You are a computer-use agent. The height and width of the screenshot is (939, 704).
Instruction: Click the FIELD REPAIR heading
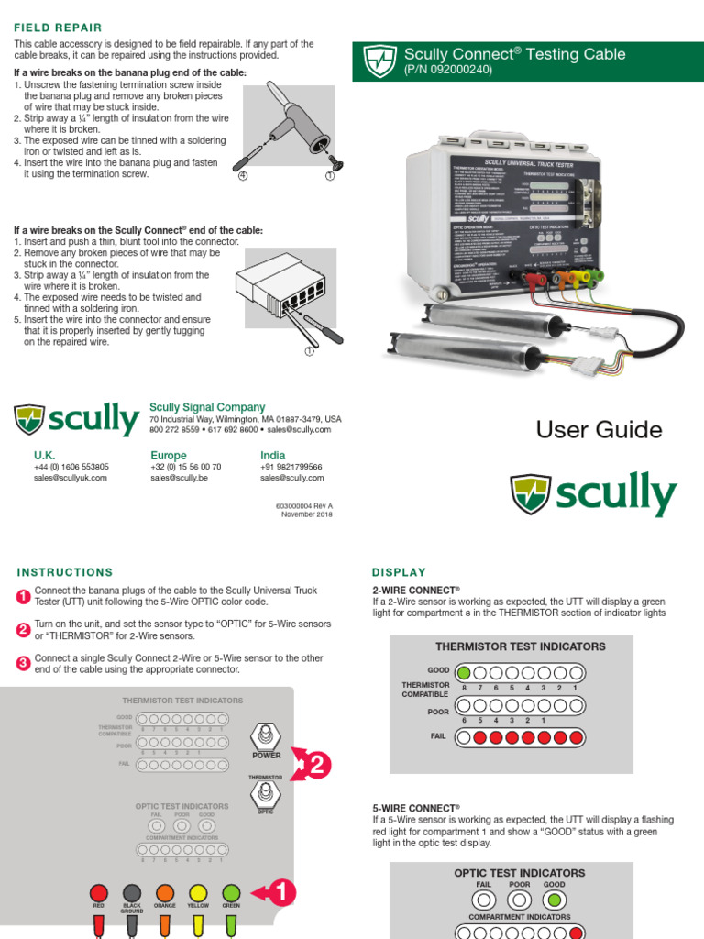(x=58, y=28)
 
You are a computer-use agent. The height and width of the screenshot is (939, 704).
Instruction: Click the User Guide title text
(x=599, y=429)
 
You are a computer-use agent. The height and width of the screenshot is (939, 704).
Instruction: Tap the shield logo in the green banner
(x=379, y=61)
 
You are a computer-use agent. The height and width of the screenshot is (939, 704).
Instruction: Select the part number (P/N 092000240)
(x=448, y=70)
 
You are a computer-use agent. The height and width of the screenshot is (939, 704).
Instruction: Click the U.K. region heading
(x=45, y=455)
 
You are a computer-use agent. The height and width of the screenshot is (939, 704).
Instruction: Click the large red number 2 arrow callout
(x=312, y=765)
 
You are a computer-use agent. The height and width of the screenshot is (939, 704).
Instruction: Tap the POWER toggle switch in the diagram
(x=266, y=736)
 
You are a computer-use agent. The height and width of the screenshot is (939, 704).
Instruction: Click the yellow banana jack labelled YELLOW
(x=198, y=892)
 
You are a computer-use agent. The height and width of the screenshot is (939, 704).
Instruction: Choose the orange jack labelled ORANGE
(x=165, y=892)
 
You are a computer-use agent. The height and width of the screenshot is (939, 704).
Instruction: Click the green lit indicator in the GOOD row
(x=465, y=671)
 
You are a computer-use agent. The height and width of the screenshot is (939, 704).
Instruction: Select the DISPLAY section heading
(x=399, y=571)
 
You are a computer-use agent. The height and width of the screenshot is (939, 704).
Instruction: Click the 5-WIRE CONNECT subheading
(x=415, y=808)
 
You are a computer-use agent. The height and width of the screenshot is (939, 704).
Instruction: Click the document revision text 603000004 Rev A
(x=304, y=505)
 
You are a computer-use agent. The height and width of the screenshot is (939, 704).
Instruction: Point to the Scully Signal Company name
(x=207, y=407)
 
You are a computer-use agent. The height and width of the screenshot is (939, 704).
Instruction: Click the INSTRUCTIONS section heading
(x=65, y=571)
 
